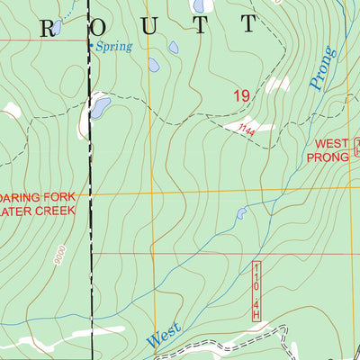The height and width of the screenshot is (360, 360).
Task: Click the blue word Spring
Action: click(x=114, y=45)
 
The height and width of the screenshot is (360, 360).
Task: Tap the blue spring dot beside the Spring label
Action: click(x=90, y=43)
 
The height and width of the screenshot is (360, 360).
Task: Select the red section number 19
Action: click(x=240, y=95)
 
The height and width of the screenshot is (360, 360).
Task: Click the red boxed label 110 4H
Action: click(x=256, y=291)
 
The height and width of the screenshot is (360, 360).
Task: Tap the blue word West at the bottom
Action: click(x=164, y=337)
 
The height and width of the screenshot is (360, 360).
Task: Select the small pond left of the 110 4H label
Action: click(x=240, y=214)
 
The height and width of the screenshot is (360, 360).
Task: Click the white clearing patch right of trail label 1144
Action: click(x=263, y=126)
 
